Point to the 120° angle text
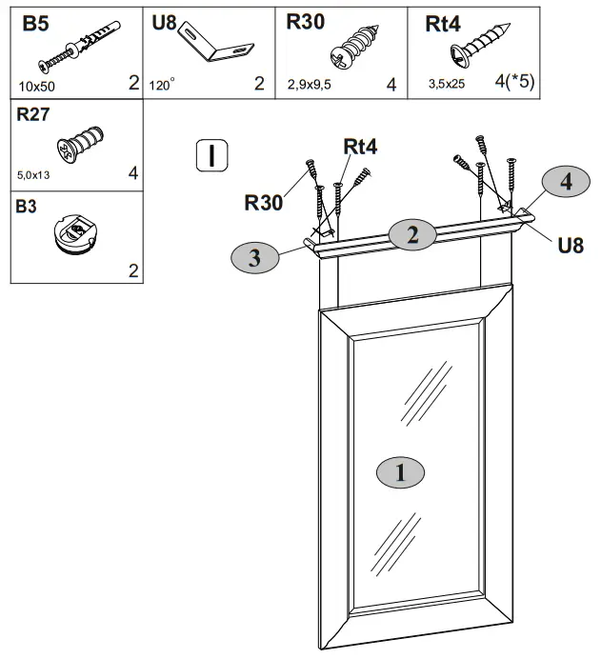[x=163, y=85]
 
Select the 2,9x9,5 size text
[x=309, y=85]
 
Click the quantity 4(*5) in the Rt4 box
[x=514, y=82]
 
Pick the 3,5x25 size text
[x=447, y=85]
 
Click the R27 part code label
[x=34, y=116]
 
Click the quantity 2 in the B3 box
[x=132, y=271]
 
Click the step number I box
[x=210, y=153]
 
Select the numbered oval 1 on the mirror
[x=400, y=471]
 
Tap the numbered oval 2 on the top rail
[x=412, y=234]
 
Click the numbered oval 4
[x=567, y=183]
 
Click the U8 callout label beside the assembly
[x=570, y=246]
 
